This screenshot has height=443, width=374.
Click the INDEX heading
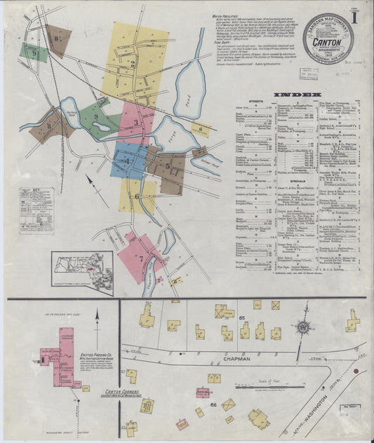pyautogui.click(x=298, y=94)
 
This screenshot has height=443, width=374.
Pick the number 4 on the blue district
pyautogui.click(x=127, y=161)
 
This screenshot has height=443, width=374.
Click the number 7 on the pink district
pyautogui.click(x=141, y=259)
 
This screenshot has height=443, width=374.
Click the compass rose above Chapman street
pyautogui.click(x=304, y=326)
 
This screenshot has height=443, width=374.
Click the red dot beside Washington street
pyautogui.click(x=356, y=369)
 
